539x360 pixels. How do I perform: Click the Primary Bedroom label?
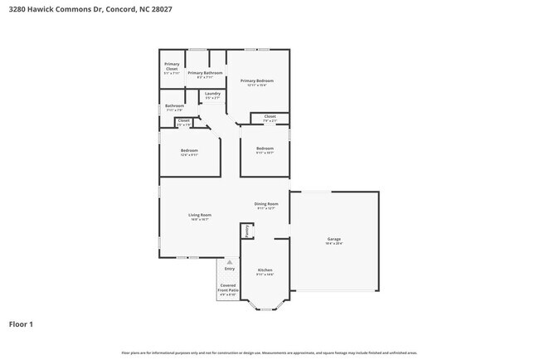point(257,80)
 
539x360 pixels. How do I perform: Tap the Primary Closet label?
point(172,66)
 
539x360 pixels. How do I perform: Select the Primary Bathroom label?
point(205,73)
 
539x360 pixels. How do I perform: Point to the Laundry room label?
point(212,94)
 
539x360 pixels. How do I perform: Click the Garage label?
point(333,239)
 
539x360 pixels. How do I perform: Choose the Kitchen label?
point(265,270)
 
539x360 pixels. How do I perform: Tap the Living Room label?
point(200,215)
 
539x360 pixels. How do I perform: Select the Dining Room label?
point(266,204)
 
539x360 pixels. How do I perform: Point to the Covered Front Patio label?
point(227,289)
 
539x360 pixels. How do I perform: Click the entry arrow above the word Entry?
point(230,261)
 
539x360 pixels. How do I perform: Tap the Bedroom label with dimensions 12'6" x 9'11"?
point(189,150)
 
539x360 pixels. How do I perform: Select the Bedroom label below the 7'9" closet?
point(265,148)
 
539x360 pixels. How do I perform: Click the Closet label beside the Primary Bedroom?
point(270,116)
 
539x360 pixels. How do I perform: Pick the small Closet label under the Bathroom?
point(183,120)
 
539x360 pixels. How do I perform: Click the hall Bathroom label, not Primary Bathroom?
point(174,105)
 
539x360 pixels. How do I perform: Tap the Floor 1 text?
point(21,324)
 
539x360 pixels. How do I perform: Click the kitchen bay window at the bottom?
point(265,306)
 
